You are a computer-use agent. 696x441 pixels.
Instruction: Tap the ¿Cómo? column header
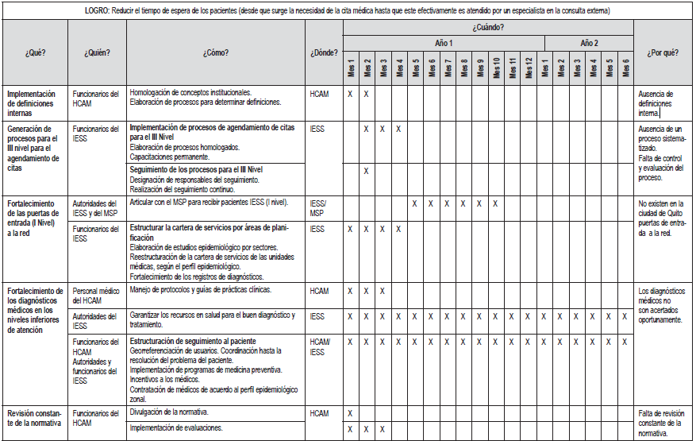[216, 52]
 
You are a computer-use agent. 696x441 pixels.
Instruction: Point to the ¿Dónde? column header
[324, 52]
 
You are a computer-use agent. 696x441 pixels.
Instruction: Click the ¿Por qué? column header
[662, 52]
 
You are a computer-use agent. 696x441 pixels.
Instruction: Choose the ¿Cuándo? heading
[488, 27]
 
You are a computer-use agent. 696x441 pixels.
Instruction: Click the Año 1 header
[444, 42]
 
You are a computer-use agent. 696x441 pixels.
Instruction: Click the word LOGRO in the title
[99, 10]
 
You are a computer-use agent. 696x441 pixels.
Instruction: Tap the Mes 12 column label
[528, 68]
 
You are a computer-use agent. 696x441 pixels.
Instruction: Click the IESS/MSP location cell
[319, 208]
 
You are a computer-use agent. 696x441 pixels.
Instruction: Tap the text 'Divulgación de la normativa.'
[170, 412]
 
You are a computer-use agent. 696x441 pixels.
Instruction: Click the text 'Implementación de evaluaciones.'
[176, 428]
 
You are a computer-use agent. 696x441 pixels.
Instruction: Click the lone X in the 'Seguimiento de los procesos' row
[367, 171]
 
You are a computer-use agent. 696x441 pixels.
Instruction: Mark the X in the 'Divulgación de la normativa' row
[350, 413]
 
